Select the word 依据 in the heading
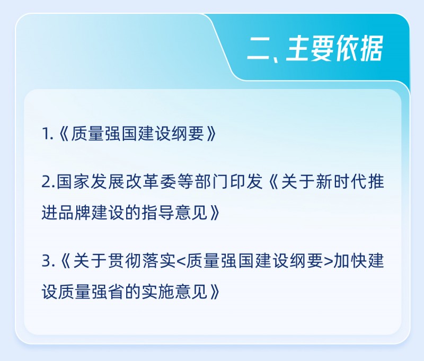click(x=359, y=48)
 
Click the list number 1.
click(x=46, y=134)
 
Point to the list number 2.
click(x=47, y=182)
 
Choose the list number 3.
click(x=47, y=261)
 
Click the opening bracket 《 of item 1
click(x=64, y=134)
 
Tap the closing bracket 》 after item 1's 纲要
click(x=211, y=134)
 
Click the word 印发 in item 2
click(x=246, y=181)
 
